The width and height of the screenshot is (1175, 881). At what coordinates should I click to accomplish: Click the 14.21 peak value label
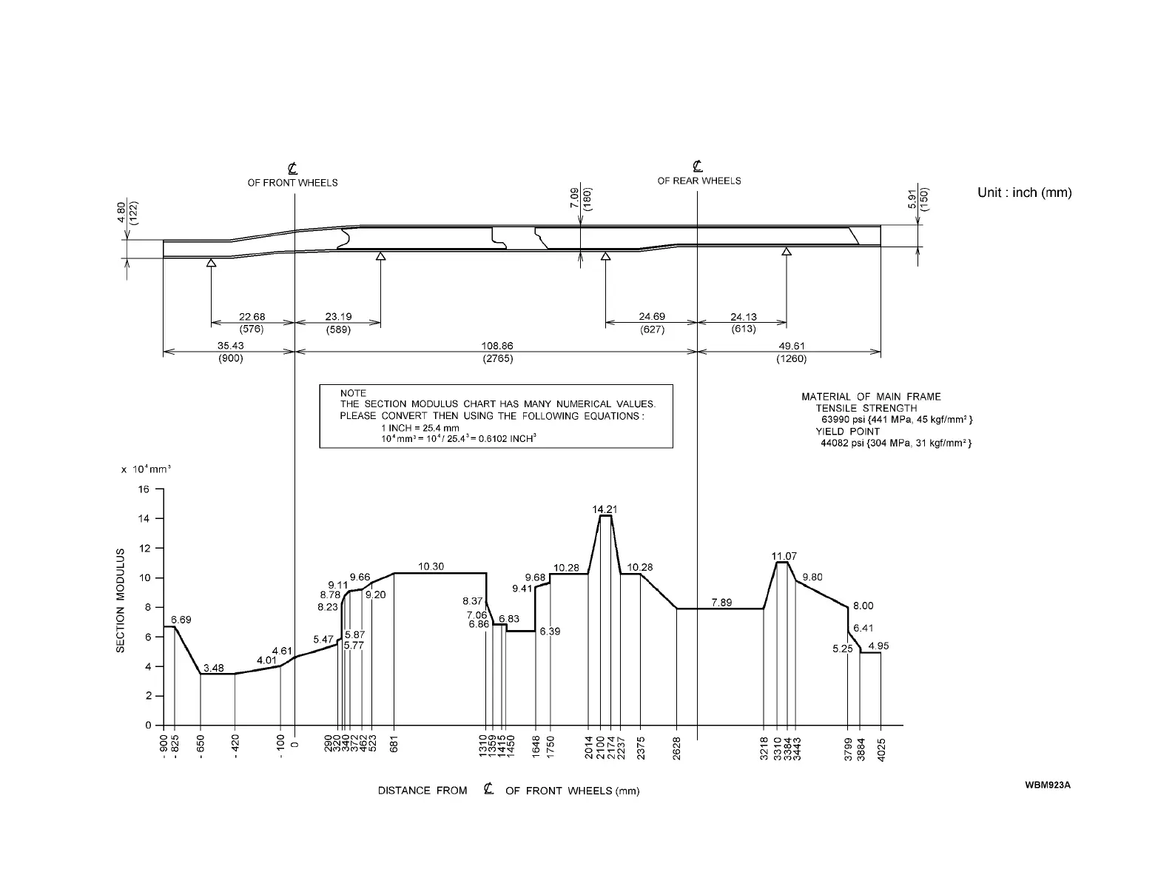[605, 509]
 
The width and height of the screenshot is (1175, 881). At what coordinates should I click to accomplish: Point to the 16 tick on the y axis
[143, 489]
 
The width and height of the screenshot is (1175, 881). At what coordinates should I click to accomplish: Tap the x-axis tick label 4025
[881, 748]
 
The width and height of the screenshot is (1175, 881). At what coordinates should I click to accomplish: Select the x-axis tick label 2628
[676, 748]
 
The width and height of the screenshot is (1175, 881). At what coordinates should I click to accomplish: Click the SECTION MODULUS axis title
[121, 600]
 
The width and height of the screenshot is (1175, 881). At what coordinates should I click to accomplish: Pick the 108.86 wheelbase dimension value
[496, 346]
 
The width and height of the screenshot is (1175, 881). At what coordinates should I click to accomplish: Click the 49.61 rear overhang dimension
[791, 346]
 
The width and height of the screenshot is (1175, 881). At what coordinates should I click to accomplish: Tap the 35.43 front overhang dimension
[231, 346]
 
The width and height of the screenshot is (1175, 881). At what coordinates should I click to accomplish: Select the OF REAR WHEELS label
[698, 181]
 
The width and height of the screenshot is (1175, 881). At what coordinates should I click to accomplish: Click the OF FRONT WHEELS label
[292, 183]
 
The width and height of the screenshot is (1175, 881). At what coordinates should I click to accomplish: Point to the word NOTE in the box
[353, 393]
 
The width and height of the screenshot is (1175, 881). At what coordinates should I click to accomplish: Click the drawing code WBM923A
[1048, 785]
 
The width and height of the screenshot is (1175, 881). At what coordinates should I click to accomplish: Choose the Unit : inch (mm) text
[1024, 192]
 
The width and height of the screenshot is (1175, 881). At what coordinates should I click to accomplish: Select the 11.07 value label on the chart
[784, 556]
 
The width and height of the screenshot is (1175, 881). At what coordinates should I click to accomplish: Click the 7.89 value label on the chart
[721, 603]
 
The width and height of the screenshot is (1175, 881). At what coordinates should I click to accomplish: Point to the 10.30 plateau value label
[431, 566]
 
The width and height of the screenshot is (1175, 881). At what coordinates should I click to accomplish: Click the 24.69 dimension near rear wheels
[652, 317]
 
